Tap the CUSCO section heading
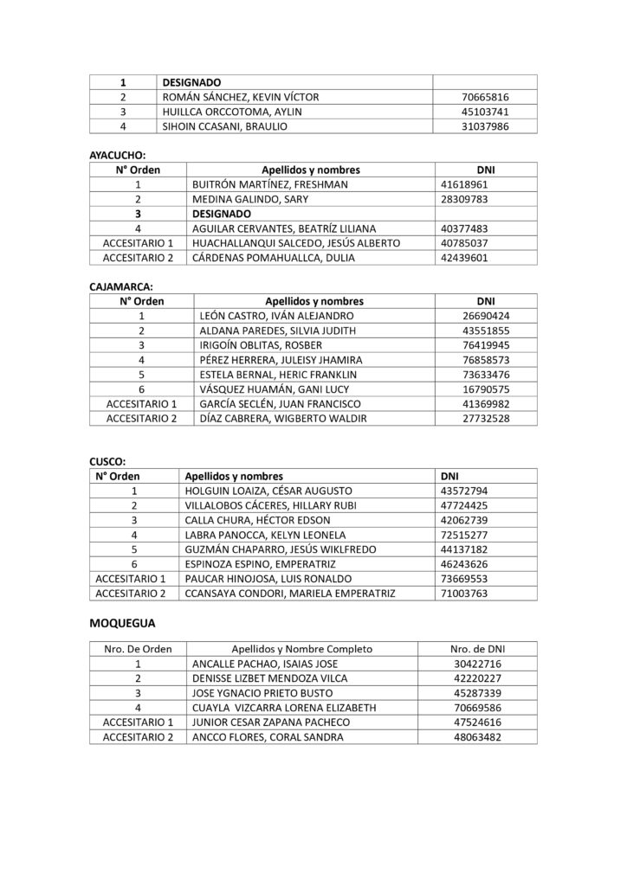click(x=108, y=461)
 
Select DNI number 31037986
click(x=486, y=125)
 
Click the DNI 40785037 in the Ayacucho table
click(x=465, y=243)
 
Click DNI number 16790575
click(x=487, y=389)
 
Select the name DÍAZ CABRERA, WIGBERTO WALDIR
click(x=282, y=419)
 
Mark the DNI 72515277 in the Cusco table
click(x=465, y=535)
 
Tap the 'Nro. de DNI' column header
click(x=477, y=648)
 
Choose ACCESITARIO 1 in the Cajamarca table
click(x=140, y=404)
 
